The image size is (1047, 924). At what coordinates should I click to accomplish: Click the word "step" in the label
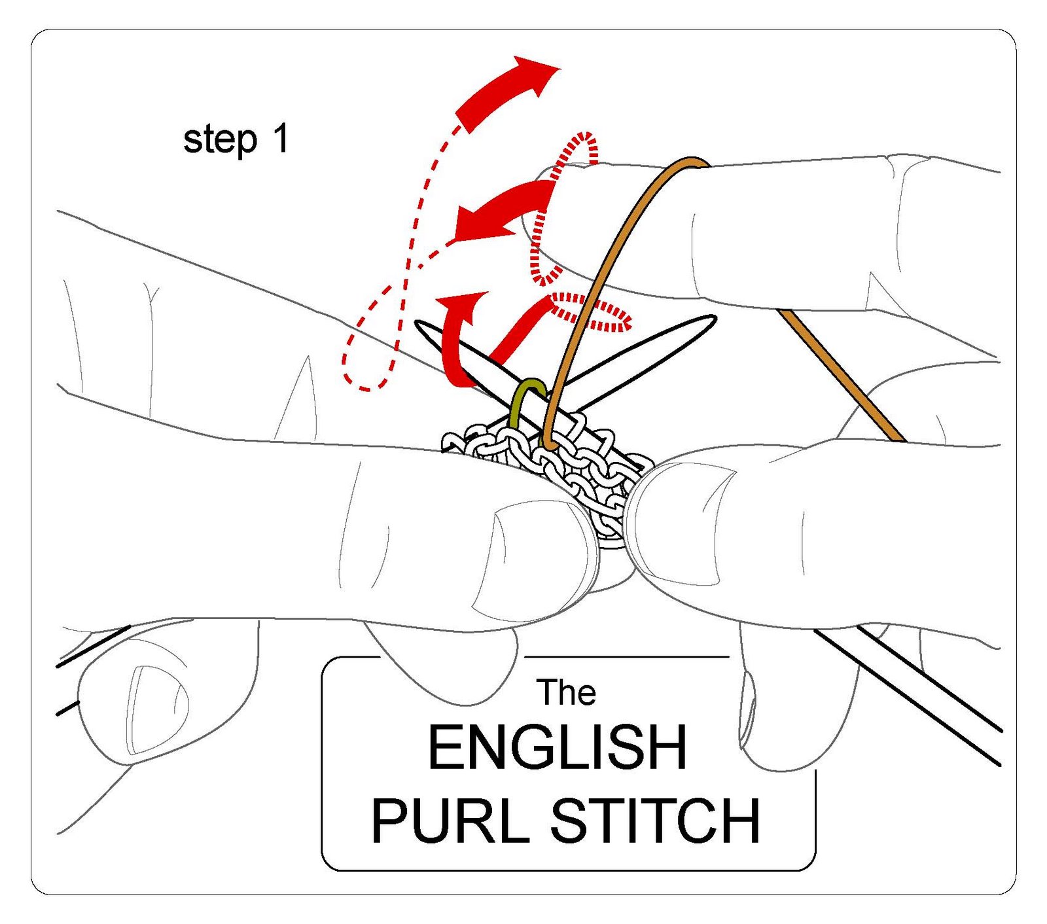click(219, 141)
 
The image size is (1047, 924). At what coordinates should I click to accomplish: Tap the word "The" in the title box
click(566, 693)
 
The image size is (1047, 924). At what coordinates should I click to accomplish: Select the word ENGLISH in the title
click(557, 748)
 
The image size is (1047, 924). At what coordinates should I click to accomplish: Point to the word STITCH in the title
click(655, 821)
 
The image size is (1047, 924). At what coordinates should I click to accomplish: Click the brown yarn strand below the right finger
click(844, 380)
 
